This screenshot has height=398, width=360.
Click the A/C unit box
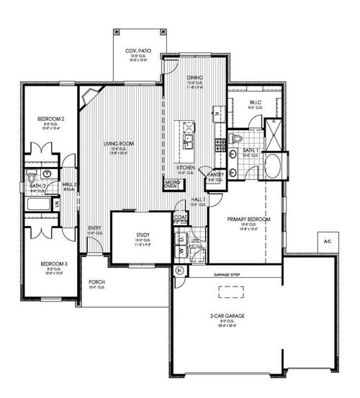(x=327, y=240)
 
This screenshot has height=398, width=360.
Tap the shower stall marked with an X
(x=274, y=135)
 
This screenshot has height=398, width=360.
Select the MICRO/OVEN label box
(x=171, y=184)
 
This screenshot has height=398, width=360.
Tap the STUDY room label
(x=142, y=235)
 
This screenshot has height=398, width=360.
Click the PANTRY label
(x=215, y=174)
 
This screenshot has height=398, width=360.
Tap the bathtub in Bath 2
(x=40, y=204)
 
